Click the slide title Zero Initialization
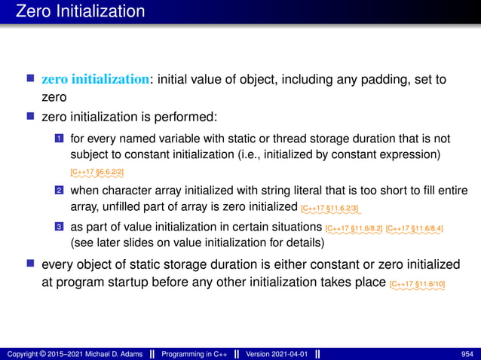point(73,11)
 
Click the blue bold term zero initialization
point(95,79)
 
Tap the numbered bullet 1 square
point(59,140)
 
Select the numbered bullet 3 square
point(59,227)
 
